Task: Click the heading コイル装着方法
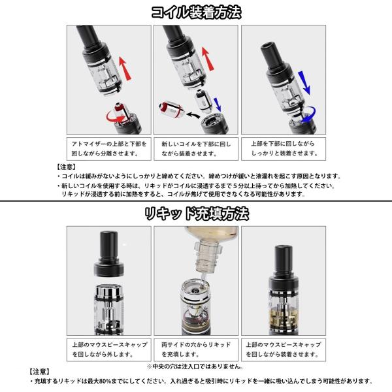point(196,12)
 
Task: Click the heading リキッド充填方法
point(197,214)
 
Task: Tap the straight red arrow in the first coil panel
point(125,69)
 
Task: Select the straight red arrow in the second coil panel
point(208,59)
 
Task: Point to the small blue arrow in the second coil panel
point(218,105)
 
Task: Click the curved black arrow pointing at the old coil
point(193,115)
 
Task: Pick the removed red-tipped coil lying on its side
point(172,108)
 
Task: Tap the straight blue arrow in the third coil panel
point(304,83)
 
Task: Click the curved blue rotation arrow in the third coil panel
point(308,115)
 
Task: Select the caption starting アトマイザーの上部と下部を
point(109,148)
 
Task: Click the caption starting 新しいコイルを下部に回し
point(196,148)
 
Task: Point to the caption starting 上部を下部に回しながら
point(284,148)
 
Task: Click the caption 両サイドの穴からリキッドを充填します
point(196,350)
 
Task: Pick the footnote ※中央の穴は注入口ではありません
point(195,367)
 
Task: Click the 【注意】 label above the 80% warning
point(39,372)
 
